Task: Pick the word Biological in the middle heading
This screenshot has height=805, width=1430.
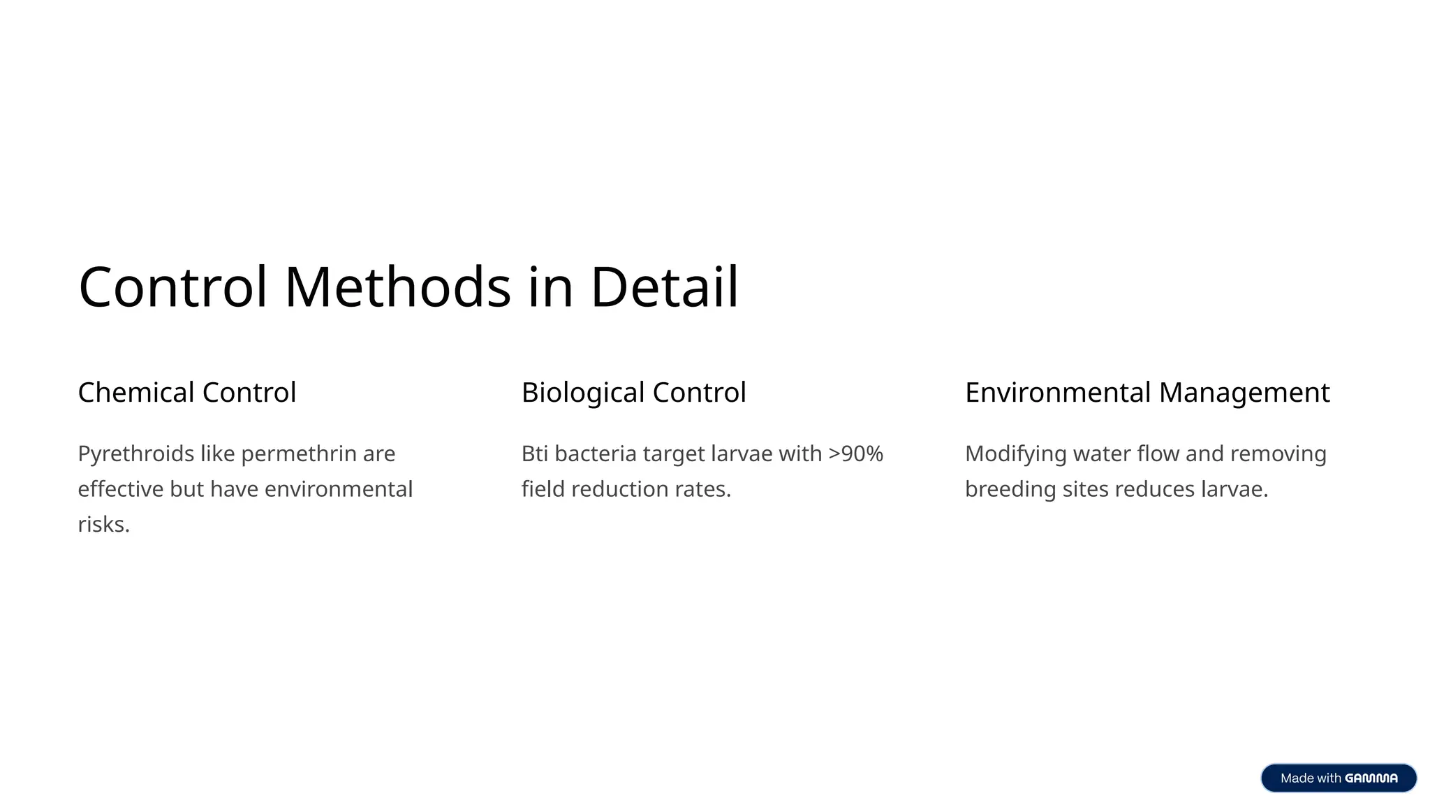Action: pos(583,393)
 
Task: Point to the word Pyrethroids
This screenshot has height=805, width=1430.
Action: pos(136,454)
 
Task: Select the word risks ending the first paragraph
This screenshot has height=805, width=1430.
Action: pos(102,524)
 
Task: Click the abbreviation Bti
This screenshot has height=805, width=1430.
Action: pos(535,454)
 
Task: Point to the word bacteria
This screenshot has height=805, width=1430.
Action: pos(596,454)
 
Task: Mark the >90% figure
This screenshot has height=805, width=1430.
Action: pos(855,454)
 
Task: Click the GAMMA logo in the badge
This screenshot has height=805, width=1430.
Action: pos(1371,778)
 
